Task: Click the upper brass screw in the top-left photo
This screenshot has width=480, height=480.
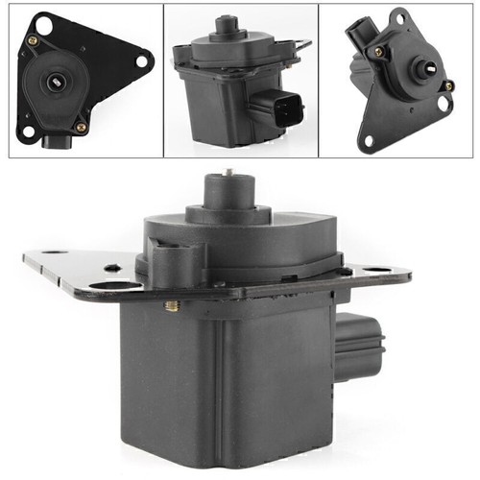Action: pos(34,41)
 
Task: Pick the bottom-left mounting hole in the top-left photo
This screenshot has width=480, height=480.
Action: pos(28,132)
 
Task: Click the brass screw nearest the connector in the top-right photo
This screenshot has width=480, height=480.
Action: pos(378,51)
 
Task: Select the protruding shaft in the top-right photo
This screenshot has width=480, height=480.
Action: pos(420,69)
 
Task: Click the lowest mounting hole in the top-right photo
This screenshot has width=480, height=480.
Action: pos(367,140)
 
